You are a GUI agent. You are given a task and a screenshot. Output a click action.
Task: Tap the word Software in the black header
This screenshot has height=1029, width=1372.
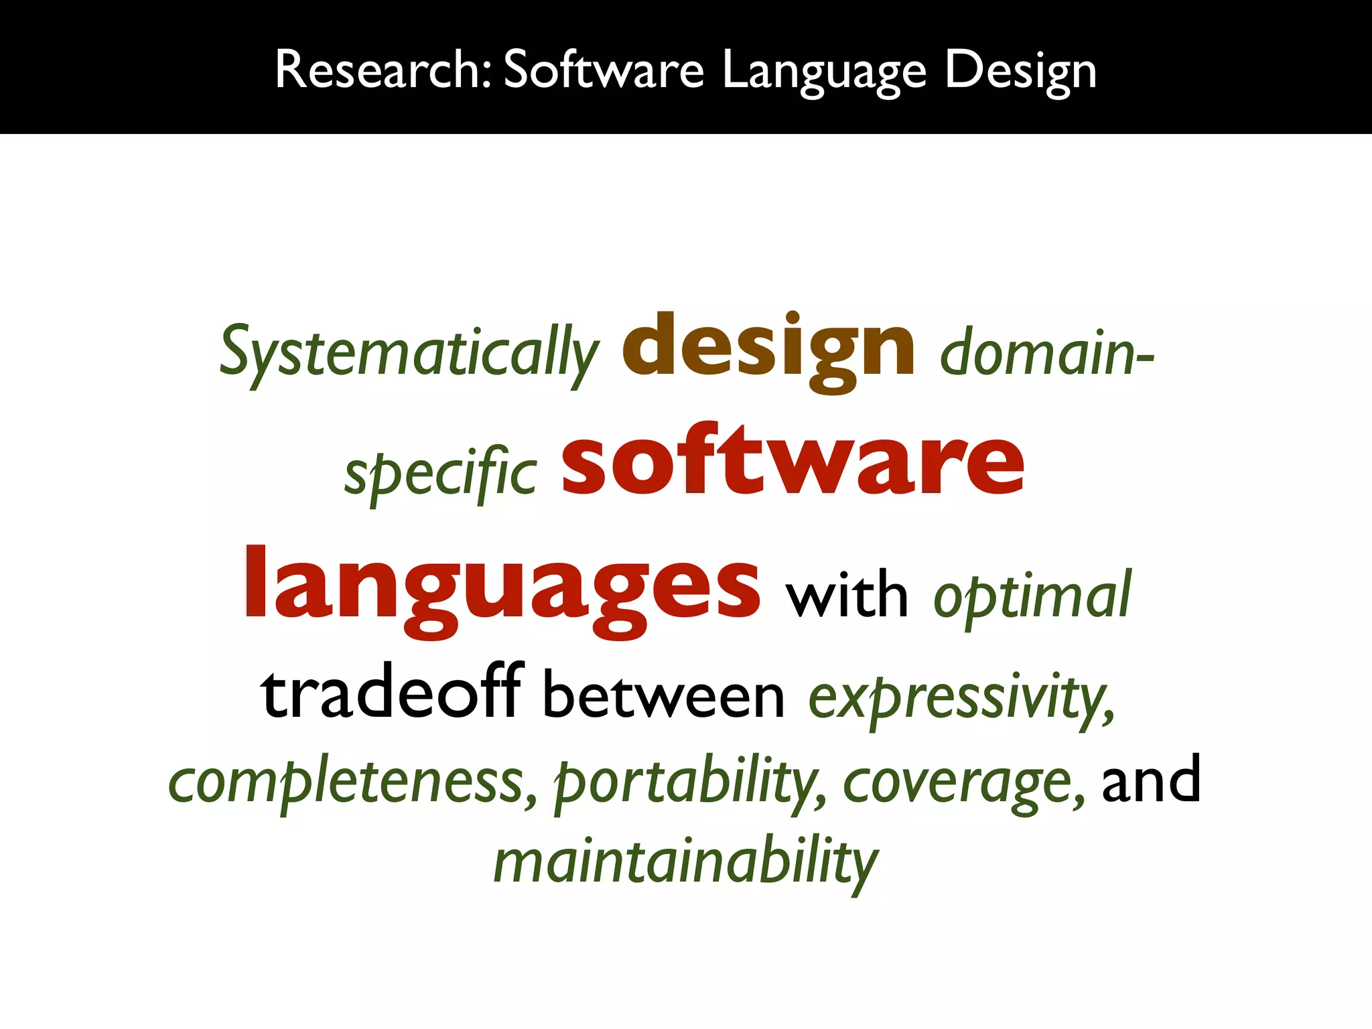(x=604, y=70)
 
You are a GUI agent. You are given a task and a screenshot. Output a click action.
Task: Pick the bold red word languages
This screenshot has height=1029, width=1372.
(x=502, y=586)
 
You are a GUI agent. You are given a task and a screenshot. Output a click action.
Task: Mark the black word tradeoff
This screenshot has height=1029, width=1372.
(x=391, y=693)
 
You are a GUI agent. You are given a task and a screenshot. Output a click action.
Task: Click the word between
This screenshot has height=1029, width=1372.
(x=663, y=697)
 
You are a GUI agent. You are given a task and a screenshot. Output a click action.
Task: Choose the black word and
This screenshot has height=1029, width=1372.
(x=1151, y=780)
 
